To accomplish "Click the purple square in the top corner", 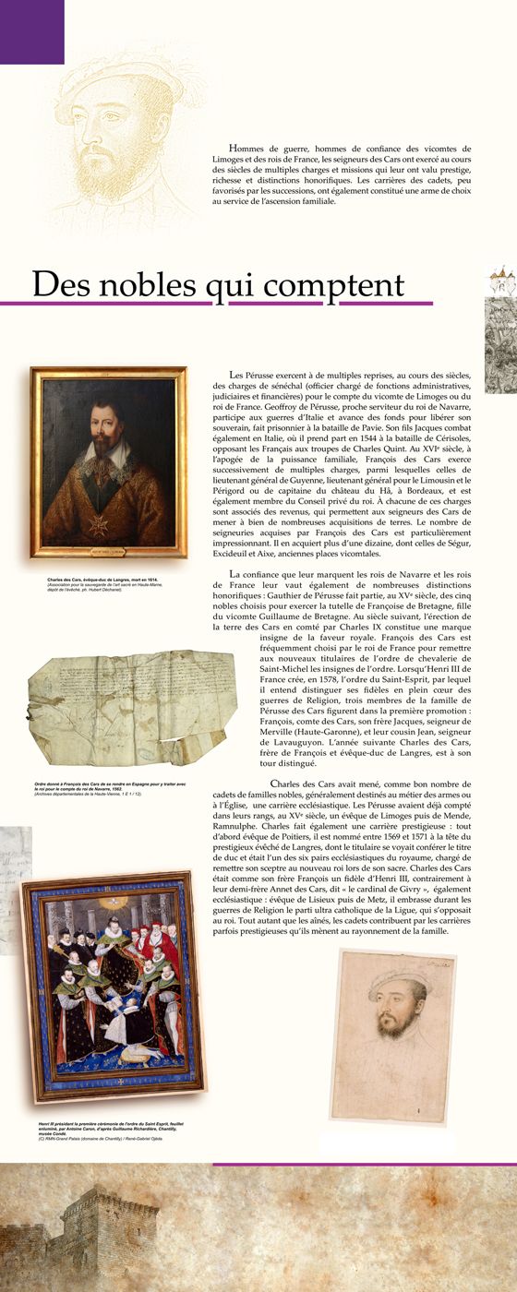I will coord(31,30).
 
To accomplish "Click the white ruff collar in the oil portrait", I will coord(104,453).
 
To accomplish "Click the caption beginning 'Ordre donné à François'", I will coord(98,784).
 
